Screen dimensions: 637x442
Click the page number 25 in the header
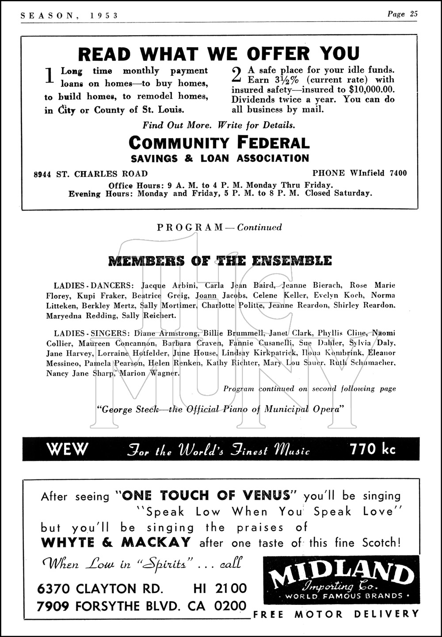[413, 14]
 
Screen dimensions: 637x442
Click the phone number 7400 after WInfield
[398, 173]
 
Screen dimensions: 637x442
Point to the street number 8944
[43, 174]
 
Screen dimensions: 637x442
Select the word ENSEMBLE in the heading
[297, 260]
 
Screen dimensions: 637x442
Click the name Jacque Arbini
[169, 285]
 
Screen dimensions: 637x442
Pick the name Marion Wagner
[150, 373]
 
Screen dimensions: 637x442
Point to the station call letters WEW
[67, 449]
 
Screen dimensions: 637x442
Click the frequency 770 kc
[373, 449]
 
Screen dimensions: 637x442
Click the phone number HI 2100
[220, 588]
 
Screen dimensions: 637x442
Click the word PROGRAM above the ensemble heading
[190, 227]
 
